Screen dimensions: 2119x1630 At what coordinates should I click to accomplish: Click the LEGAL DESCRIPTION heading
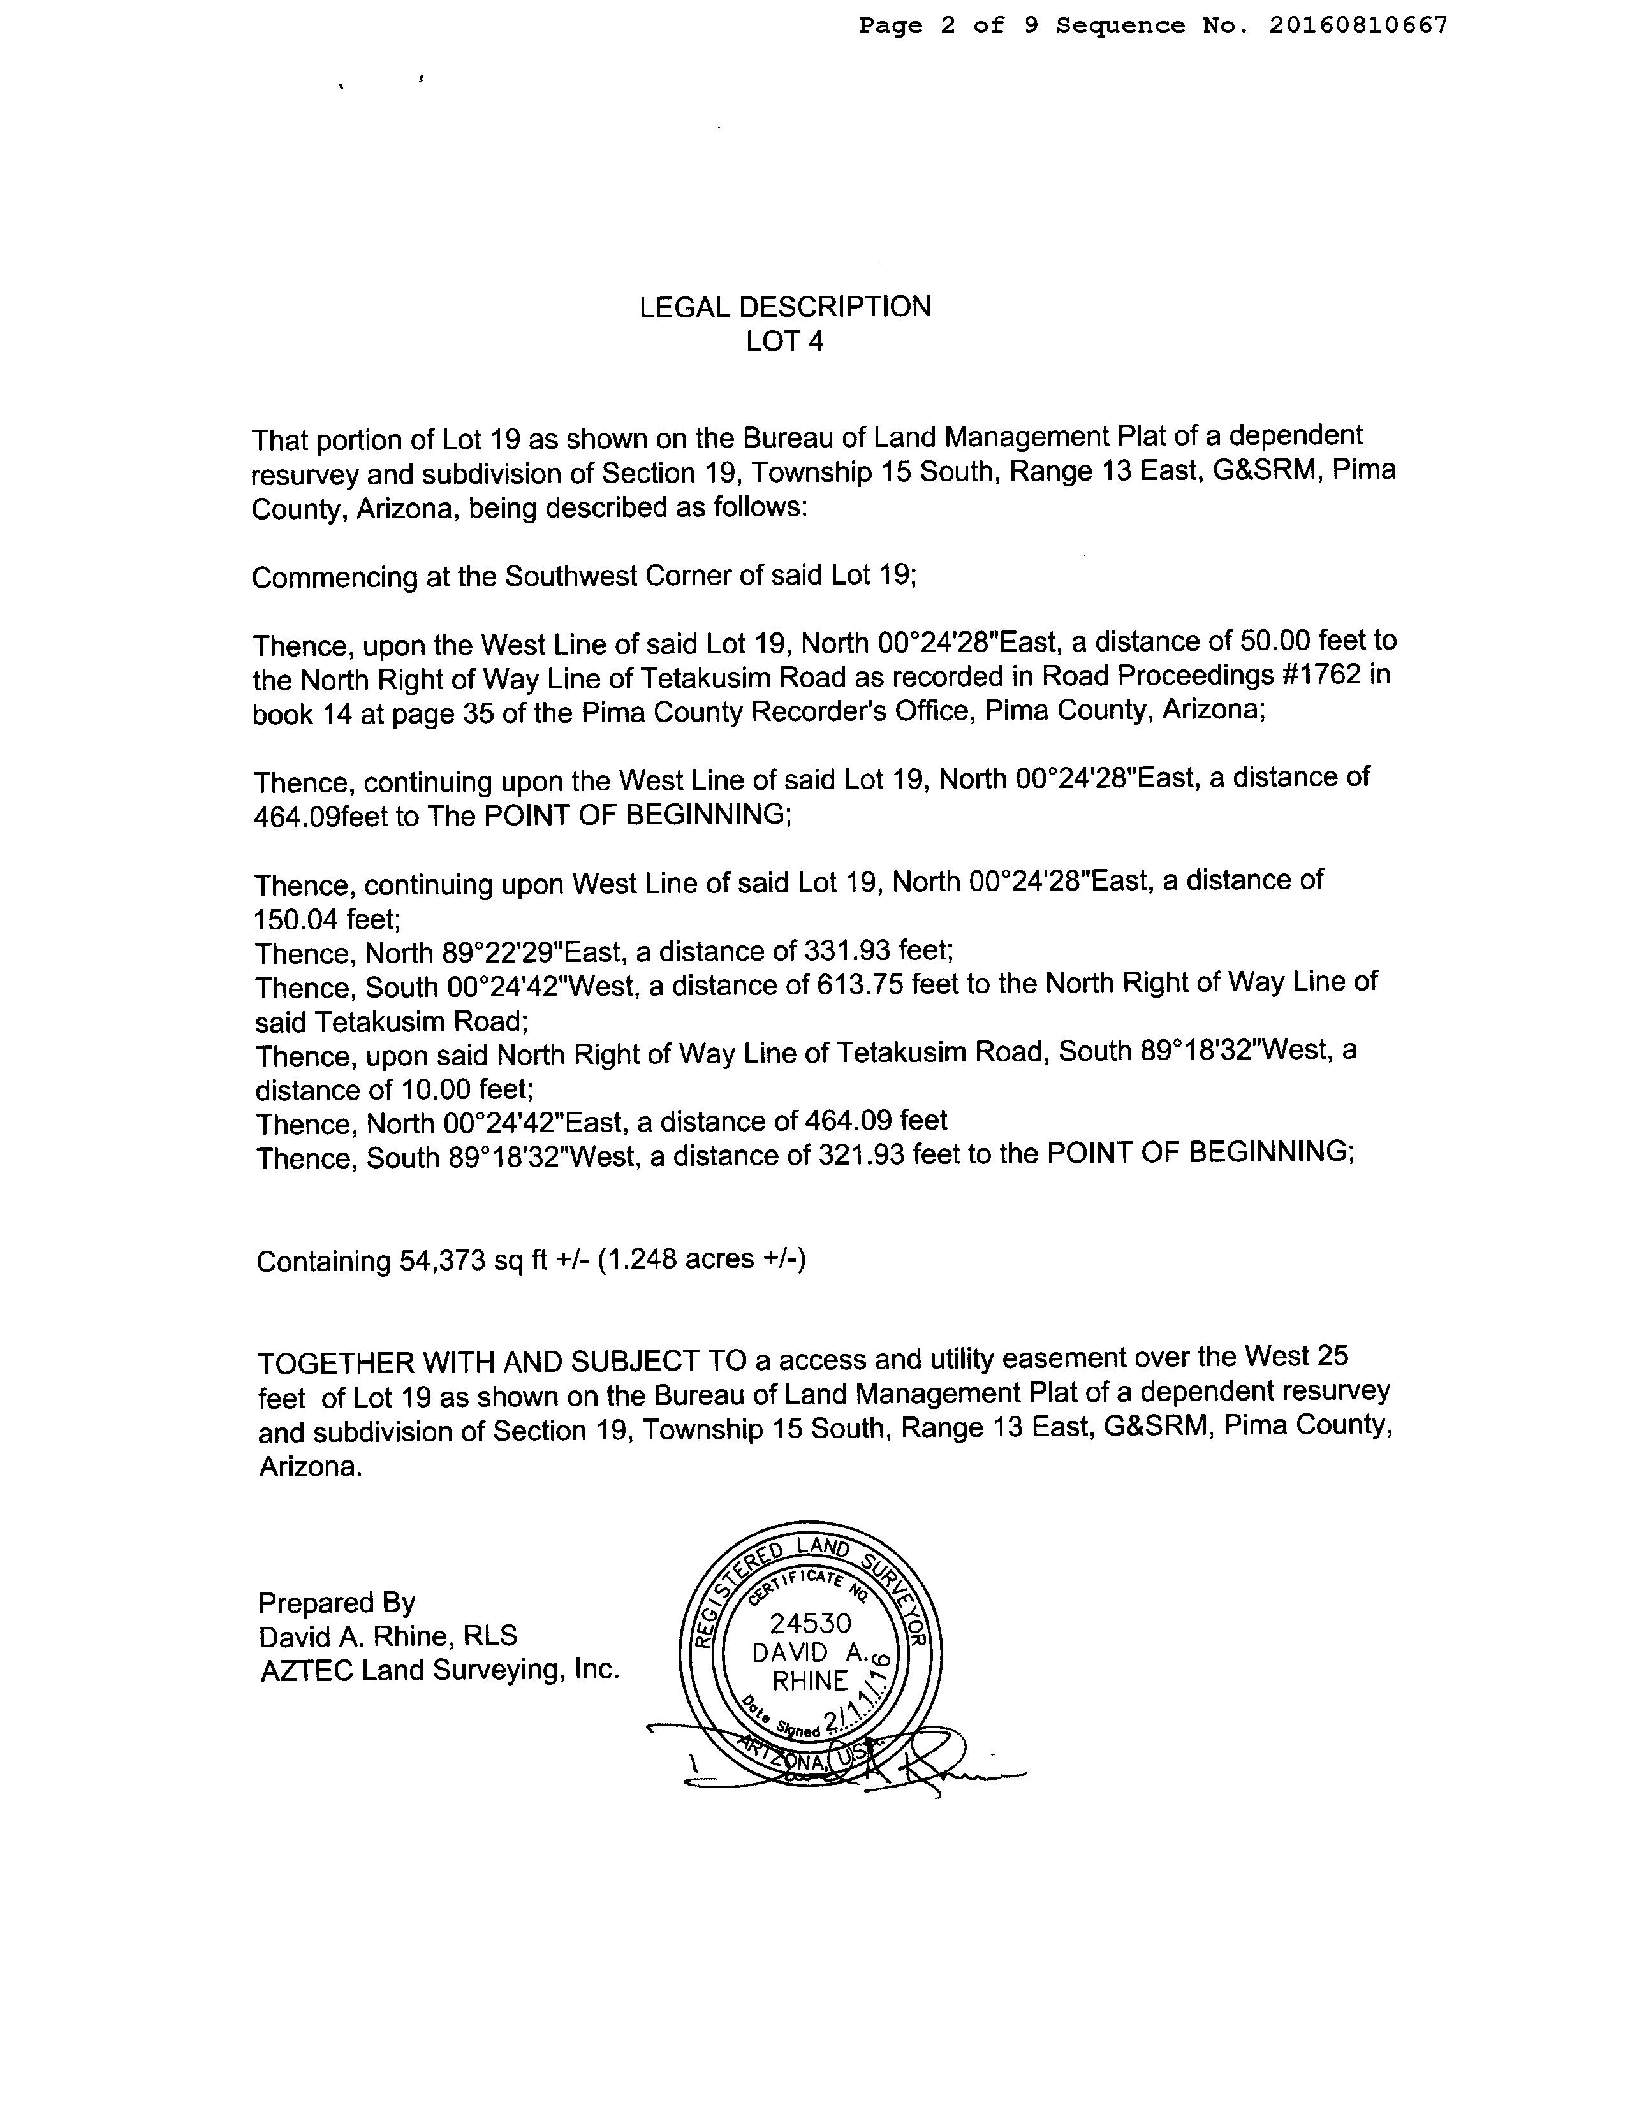point(785,307)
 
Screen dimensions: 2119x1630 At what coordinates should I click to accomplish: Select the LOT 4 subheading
point(785,341)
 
